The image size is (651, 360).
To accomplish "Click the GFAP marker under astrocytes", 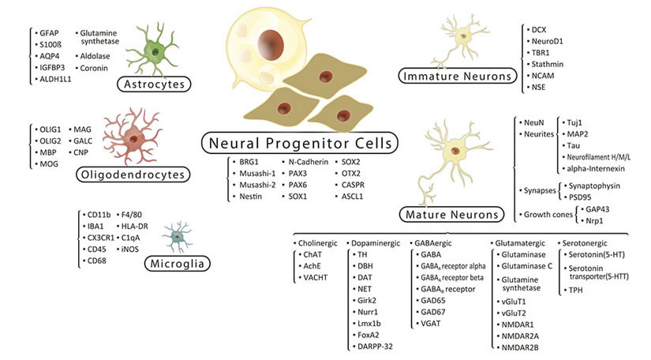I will point(49,33).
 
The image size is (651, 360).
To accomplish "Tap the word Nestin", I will point(251,197).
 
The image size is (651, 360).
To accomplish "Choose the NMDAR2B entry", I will point(520,347).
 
